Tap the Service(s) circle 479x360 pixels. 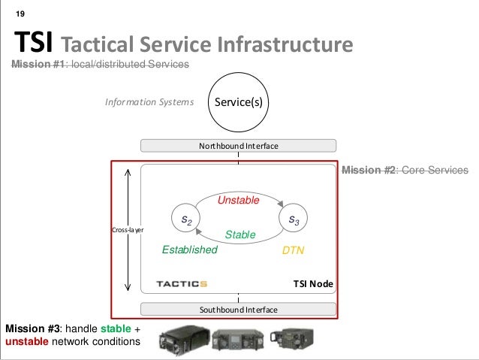coord(239,101)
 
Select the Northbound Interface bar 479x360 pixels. coord(239,145)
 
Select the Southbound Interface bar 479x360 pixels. coord(239,310)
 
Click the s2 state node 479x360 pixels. coord(185,219)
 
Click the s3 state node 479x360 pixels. coord(293,219)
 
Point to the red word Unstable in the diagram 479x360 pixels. coord(238,201)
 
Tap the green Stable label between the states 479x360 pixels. coord(240,235)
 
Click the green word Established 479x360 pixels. coord(189,250)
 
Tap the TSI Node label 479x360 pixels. coord(312,284)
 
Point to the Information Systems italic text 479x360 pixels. coord(149,101)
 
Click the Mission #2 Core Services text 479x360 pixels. coord(405,171)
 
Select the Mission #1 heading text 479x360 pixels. coord(99,66)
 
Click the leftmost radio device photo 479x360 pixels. coord(180,340)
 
